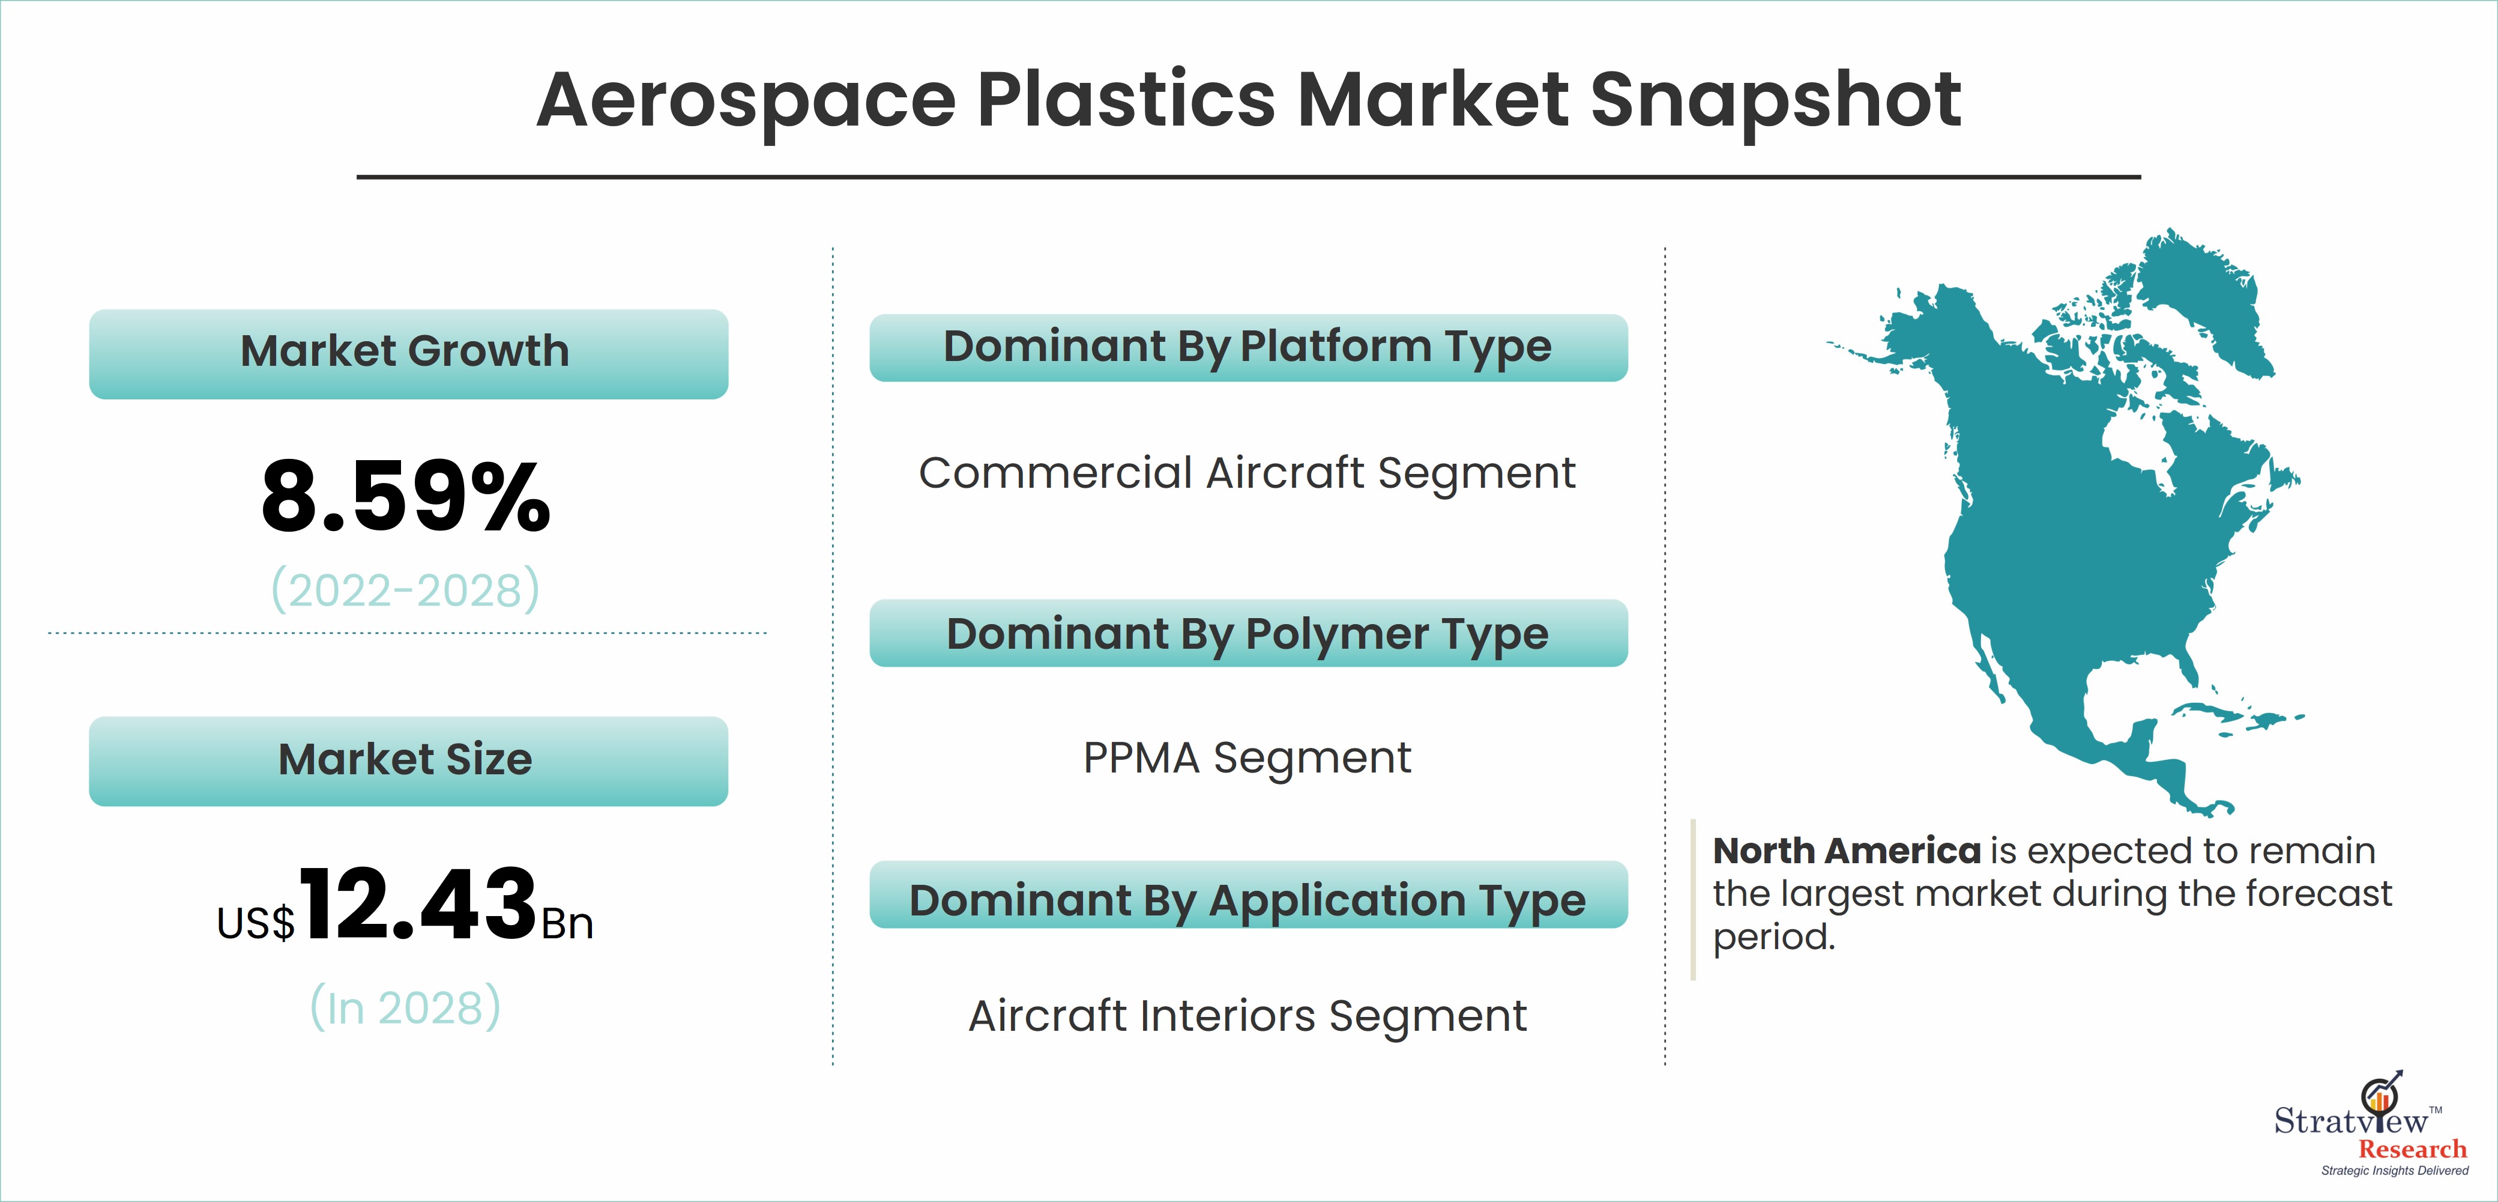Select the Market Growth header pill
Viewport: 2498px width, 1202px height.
(408, 353)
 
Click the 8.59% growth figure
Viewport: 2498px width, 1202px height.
(405, 497)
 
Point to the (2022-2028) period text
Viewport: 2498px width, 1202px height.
(405, 589)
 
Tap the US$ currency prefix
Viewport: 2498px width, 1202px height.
(256, 923)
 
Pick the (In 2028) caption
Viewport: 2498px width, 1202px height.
(405, 1007)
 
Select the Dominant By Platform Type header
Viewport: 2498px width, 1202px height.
(1248, 347)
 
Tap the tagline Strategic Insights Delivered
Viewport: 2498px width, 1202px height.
(2394, 1171)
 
